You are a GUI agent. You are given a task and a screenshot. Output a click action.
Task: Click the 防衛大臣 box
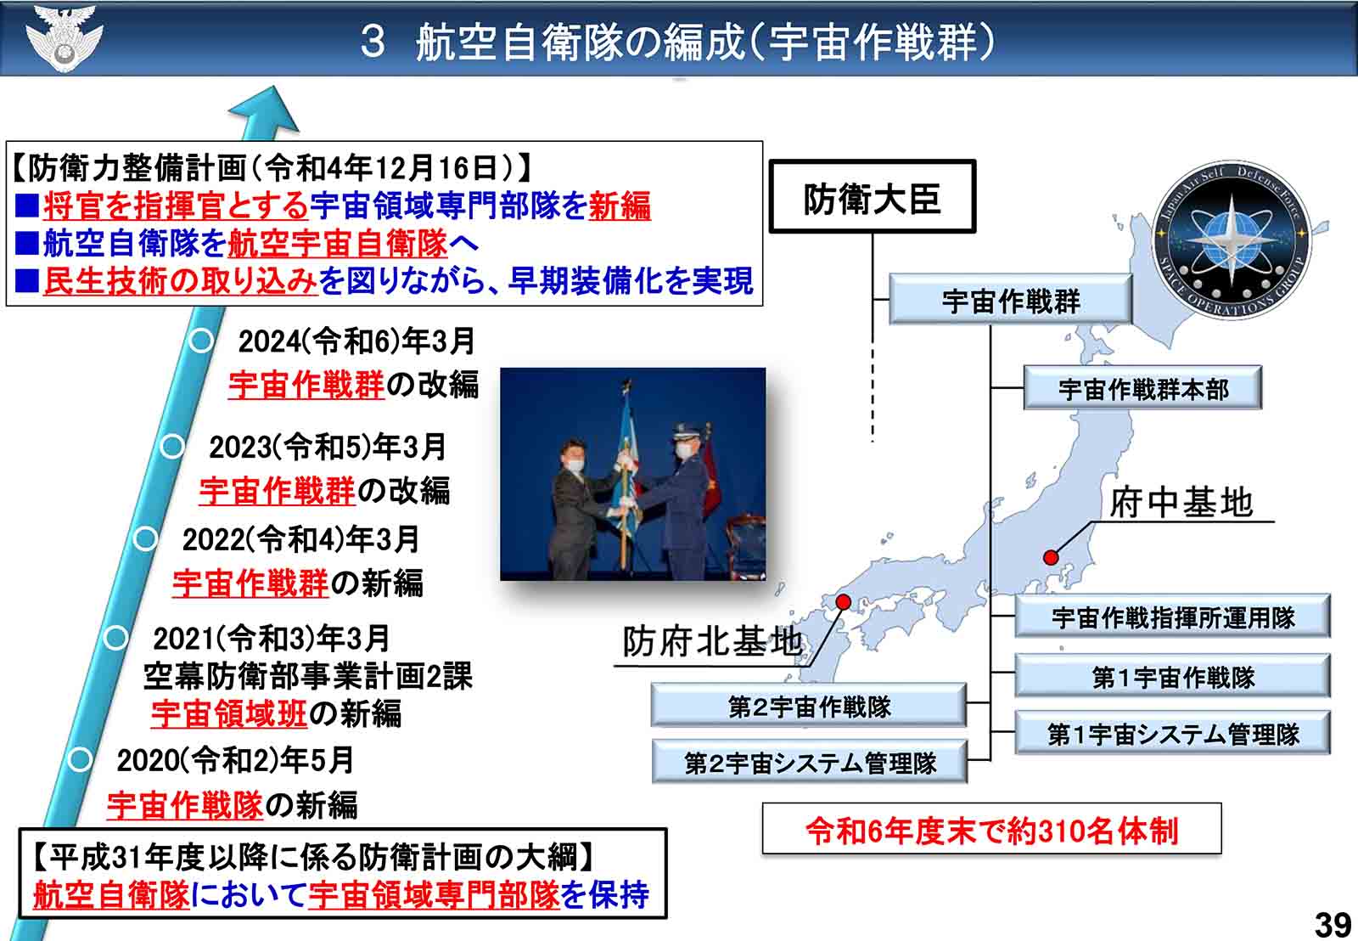click(873, 196)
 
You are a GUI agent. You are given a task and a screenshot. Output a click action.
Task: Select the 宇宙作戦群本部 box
click(1142, 387)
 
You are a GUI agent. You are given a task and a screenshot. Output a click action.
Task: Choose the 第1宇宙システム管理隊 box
click(1172, 733)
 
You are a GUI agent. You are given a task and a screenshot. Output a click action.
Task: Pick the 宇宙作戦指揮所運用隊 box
click(1172, 617)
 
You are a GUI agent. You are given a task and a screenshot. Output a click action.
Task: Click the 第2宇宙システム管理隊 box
click(810, 762)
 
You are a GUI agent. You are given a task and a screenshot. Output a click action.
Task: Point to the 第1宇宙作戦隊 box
click(1172, 675)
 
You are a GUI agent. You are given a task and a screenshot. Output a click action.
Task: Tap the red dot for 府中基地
click(1051, 557)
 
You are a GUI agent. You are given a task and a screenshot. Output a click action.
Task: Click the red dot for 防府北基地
click(844, 601)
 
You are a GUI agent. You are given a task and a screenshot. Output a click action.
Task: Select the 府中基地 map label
click(1181, 503)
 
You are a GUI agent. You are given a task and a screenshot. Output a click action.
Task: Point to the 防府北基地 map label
click(712, 641)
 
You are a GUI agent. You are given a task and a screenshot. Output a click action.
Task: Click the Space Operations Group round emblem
click(1232, 240)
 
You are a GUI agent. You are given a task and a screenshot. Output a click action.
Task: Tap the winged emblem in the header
click(65, 37)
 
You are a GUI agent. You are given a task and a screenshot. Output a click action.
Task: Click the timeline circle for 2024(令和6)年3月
click(201, 341)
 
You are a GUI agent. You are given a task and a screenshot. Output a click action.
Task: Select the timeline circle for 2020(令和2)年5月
click(80, 759)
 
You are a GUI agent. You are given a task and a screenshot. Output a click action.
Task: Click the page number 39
click(1333, 925)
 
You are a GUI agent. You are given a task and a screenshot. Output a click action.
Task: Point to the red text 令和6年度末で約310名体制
click(992, 831)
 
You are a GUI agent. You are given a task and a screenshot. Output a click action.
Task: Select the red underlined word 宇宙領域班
click(229, 713)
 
